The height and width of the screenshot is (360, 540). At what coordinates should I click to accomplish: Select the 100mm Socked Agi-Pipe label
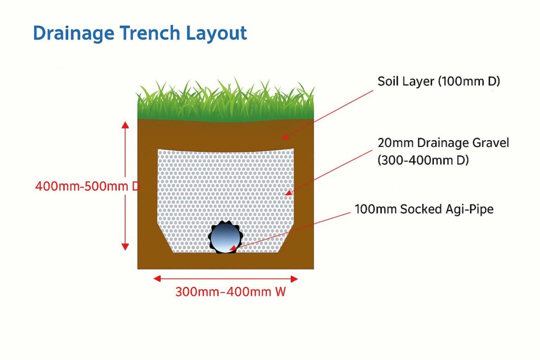[x=424, y=209]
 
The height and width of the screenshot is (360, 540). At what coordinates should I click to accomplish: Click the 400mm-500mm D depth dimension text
[x=87, y=186]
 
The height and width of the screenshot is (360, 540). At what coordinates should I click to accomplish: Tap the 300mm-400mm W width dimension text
[x=230, y=291]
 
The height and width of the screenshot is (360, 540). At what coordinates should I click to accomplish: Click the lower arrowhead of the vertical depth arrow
[x=125, y=247]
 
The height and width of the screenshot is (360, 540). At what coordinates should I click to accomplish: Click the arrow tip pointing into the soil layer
[x=283, y=138]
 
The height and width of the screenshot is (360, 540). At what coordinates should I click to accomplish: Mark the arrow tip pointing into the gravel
[x=286, y=194]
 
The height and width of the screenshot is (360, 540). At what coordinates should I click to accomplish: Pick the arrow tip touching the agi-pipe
[x=230, y=248]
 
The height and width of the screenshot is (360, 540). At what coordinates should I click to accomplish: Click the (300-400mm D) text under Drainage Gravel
[x=423, y=161]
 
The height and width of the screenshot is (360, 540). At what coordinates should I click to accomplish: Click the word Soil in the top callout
[x=389, y=82]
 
